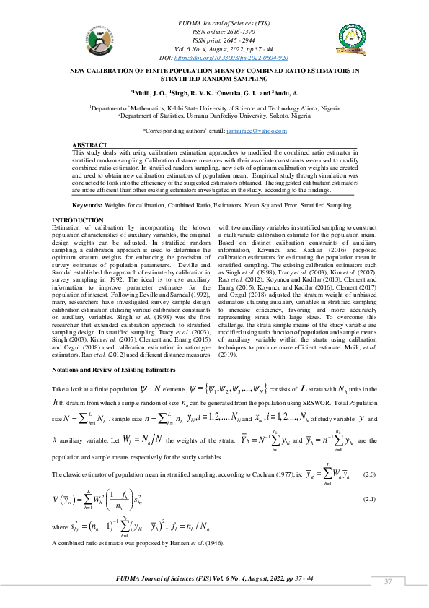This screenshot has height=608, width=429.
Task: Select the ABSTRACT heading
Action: pyautogui.click(x=90, y=146)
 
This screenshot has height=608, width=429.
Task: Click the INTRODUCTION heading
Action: pyautogui.click(x=79, y=220)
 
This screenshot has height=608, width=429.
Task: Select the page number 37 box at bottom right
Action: pyautogui.click(x=387, y=583)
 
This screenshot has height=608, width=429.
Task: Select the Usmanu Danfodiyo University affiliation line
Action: pyautogui.click(x=215, y=115)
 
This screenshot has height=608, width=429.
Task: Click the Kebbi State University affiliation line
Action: pyautogui.click(x=214, y=108)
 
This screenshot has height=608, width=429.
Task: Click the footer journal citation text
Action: pyautogui.click(x=214, y=579)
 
